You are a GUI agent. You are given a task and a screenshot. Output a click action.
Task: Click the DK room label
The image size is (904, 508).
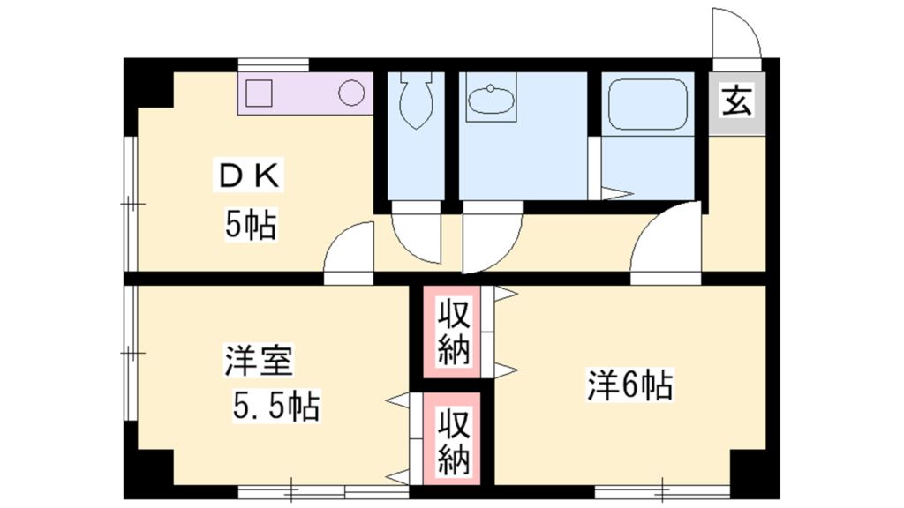pyautogui.click(x=250, y=177)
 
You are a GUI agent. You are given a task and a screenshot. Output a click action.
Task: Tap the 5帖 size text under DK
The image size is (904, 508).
pyautogui.click(x=250, y=226)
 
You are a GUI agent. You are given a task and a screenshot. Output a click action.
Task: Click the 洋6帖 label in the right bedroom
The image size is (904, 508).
pyautogui.click(x=630, y=385)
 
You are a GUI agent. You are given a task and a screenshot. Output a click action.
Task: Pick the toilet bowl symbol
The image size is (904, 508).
pyautogui.click(x=414, y=99)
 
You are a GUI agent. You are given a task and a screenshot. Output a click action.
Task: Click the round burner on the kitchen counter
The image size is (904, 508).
pyautogui.click(x=352, y=93)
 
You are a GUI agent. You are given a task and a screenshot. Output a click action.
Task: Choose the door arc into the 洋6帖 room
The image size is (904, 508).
pyautogui.click(x=665, y=243)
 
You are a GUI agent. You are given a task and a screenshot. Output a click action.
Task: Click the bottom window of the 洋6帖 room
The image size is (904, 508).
pyautogui.click(x=663, y=490)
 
